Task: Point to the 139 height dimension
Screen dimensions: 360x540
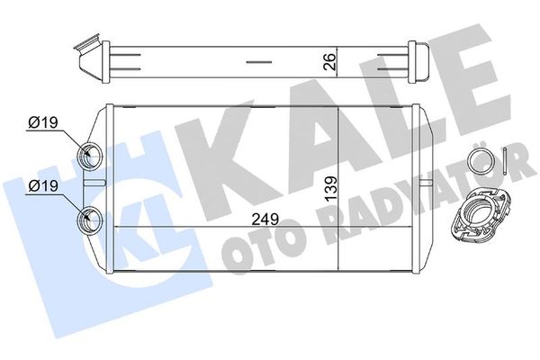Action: coord(331,191)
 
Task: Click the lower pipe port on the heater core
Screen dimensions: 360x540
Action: coord(91,217)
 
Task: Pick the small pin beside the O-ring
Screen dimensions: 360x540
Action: coord(508,159)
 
